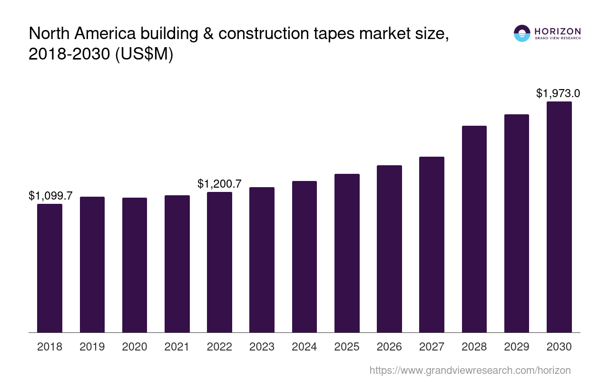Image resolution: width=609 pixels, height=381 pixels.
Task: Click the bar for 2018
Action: (x=49, y=268)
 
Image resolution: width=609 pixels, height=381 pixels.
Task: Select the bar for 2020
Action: (x=135, y=265)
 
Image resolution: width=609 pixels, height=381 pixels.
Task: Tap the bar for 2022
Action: (x=219, y=262)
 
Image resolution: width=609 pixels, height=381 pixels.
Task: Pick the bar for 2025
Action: (x=347, y=253)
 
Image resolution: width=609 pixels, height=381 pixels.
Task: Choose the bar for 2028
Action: (x=474, y=229)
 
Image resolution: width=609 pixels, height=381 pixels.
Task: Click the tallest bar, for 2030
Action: (x=559, y=217)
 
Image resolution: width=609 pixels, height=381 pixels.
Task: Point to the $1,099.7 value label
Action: (x=50, y=196)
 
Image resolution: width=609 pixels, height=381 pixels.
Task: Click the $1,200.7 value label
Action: (x=219, y=184)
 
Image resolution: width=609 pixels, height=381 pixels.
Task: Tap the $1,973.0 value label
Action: (x=558, y=93)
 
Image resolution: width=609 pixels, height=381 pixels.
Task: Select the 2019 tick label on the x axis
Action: (x=92, y=347)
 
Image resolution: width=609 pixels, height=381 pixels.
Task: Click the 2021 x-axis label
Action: (x=177, y=347)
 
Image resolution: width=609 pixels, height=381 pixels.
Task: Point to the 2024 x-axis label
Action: (x=304, y=347)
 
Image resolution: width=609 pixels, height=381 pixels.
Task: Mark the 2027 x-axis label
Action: (x=432, y=347)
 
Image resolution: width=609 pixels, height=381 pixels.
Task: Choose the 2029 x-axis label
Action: (x=517, y=347)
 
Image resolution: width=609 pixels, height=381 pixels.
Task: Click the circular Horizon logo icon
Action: (x=522, y=33)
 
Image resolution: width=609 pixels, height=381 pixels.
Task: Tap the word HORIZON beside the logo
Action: (x=558, y=31)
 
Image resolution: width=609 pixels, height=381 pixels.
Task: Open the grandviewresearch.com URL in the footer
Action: (x=470, y=370)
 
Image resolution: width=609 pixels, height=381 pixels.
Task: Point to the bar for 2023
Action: (x=262, y=260)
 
